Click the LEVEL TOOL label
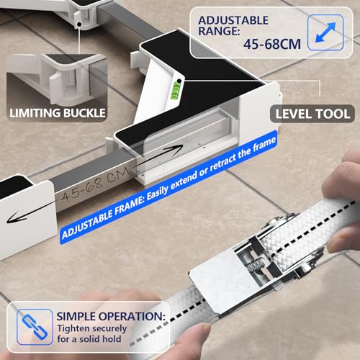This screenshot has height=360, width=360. pos(311,113)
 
